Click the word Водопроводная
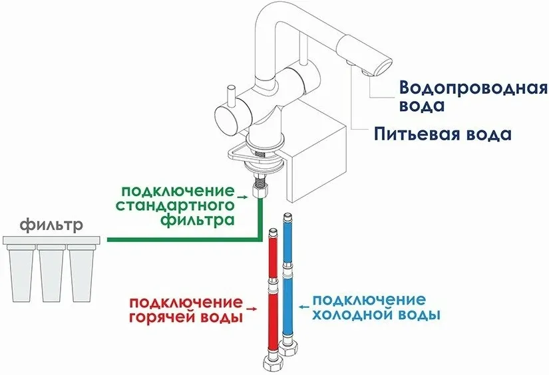tap(473, 88)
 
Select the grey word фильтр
tap(52, 225)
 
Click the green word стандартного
tap(175, 205)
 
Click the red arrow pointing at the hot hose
tap(251, 309)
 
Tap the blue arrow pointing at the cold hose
tap(304, 307)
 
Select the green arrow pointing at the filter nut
tap(242, 197)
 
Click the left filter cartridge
tap(21, 273)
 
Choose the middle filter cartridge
tap(51, 273)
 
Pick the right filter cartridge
tap(82, 273)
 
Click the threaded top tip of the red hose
tap(272, 233)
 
